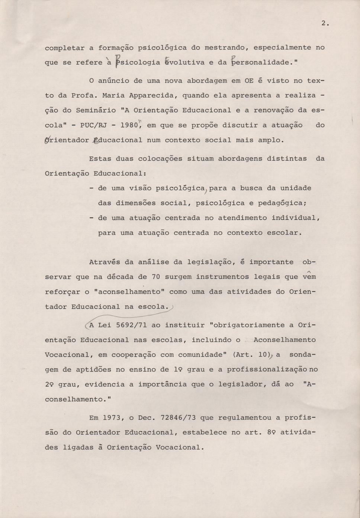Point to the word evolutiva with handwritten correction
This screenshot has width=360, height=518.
pyautogui.click(x=185, y=62)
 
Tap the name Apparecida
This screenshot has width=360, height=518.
pyautogui.click(x=152, y=96)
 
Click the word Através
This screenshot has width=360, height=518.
pyautogui.click(x=105, y=262)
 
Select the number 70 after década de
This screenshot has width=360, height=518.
pyautogui.click(x=156, y=277)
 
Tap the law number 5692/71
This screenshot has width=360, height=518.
pyautogui.click(x=131, y=325)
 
